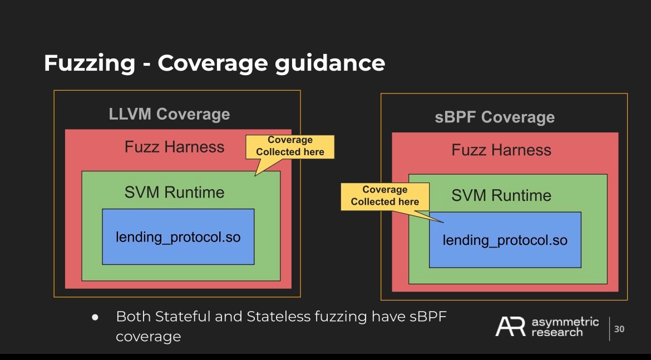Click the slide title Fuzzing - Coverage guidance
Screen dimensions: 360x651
point(214,63)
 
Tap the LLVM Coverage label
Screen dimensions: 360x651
point(169,114)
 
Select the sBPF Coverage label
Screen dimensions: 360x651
point(495,117)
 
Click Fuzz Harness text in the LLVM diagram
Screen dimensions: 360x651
point(174,147)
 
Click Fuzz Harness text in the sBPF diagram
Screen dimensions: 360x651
point(501,150)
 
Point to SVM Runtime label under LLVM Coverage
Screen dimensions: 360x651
point(174,193)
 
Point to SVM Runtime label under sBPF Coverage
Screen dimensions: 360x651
point(501,195)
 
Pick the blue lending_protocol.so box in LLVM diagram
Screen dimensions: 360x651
point(178,236)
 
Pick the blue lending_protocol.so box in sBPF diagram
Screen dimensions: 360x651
point(505,240)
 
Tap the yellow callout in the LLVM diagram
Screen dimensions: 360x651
point(290,146)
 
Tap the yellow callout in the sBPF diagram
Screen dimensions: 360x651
point(385,196)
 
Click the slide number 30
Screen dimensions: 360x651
point(619,329)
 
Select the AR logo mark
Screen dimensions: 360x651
point(510,327)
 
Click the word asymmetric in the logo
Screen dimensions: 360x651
point(565,322)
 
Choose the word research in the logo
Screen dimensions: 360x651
point(557,332)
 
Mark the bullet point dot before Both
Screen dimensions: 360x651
point(95,317)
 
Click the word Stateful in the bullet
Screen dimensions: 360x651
point(181,317)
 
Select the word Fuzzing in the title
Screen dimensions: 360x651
point(90,63)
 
